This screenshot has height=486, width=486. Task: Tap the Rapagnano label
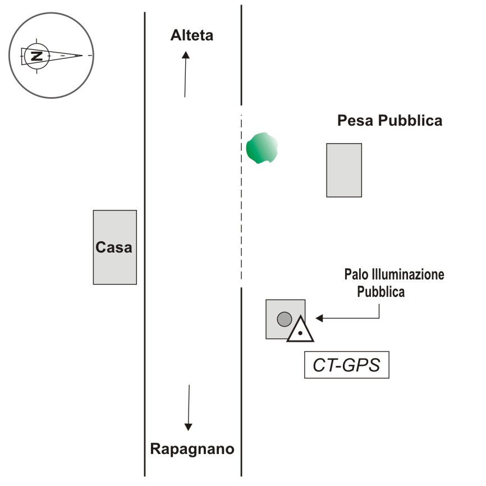[x=192, y=449]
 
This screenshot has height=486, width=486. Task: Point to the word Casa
[x=114, y=247]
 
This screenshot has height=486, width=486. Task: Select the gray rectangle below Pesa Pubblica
[x=344, y=170]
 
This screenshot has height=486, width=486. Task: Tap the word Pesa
[x=355, y=121]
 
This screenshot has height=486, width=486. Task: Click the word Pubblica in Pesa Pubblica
[x=410, y=121]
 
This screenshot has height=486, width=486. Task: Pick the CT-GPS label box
[x=346, y=365]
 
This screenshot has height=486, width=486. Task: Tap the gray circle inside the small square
[x=285, y=319]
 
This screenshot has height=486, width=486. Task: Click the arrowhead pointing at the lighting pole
[x=319, y=318]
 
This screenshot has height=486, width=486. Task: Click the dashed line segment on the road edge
[x=241, y=196]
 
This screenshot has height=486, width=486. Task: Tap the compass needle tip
[x=82, y=55]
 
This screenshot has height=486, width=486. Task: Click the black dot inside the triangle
[x=300, y=333]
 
